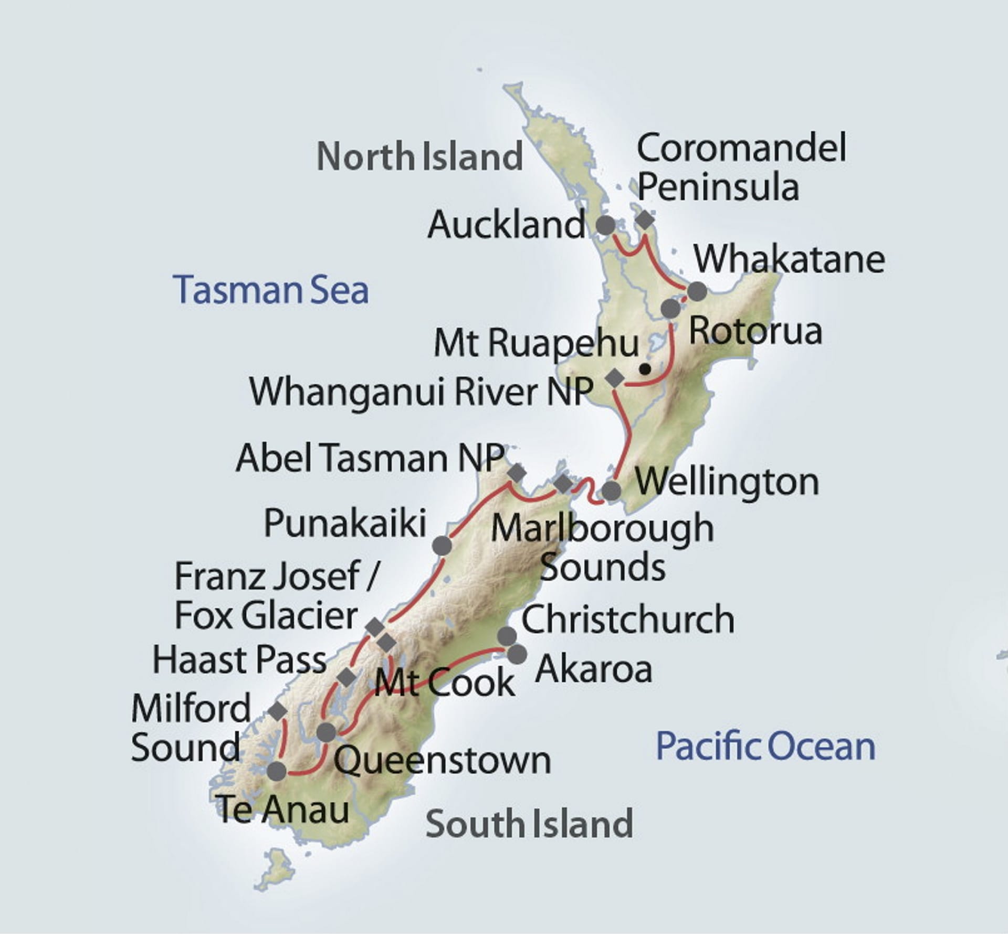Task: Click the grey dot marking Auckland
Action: tap(606, 225)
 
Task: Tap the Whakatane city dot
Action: tap(697, 291)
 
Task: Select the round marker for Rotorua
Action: tap(670, 309)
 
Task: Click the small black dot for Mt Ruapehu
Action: tap(645, 370)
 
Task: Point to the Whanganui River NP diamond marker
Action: tap(614, 377)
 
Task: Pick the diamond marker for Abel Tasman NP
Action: tap(517, 473)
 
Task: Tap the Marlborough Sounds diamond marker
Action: tap(563, 484)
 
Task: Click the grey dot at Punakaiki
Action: tap(442, 545)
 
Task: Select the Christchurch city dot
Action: tap(507, 636)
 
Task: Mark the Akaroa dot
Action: tap(517, 654)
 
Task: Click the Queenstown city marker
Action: tap(327, 732)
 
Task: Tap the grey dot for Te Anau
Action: tap(277, 771)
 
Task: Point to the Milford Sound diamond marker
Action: tap(278, 711)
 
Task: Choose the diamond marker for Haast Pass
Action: tap(346, 677)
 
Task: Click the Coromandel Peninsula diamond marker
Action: tap(645, 220)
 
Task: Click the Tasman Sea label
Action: tap(271, 290)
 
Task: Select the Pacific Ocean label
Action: tap(765, 746)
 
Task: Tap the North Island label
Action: tap(419, 156)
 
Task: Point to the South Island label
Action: tap(529, 824)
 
